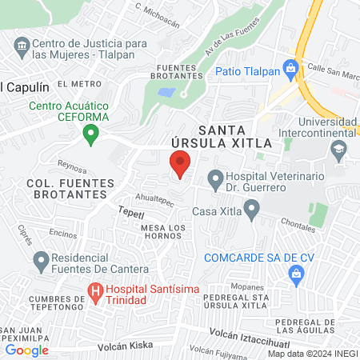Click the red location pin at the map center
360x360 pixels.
point(180,166)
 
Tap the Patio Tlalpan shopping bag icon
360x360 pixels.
point(291,66)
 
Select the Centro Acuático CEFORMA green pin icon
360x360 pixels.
point(92,134)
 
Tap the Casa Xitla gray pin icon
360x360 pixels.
point(252,211)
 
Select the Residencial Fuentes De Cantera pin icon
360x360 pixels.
point(41,259)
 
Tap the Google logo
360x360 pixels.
point(26,349)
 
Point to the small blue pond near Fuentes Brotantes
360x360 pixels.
point(166,92)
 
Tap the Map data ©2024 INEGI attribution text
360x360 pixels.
point(311,353)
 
